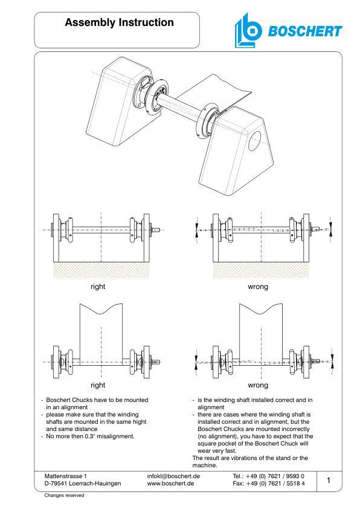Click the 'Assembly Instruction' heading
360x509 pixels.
(x=119, y=23)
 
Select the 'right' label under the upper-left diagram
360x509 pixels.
(x=97, y=287)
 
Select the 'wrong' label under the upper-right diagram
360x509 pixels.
(x=258, y=287)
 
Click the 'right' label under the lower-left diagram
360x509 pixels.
(x=97, y=385)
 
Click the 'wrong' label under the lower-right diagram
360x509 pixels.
(x=258, y=385)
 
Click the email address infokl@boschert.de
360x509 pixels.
(x=173, y=476)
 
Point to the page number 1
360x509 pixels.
(x=328, y=480)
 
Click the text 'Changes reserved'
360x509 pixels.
(x=65, y=495)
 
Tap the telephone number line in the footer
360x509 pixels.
(x=268, y=476)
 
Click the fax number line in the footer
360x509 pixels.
(x=268, y=484)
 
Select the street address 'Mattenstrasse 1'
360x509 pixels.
(x=66, y=476)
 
